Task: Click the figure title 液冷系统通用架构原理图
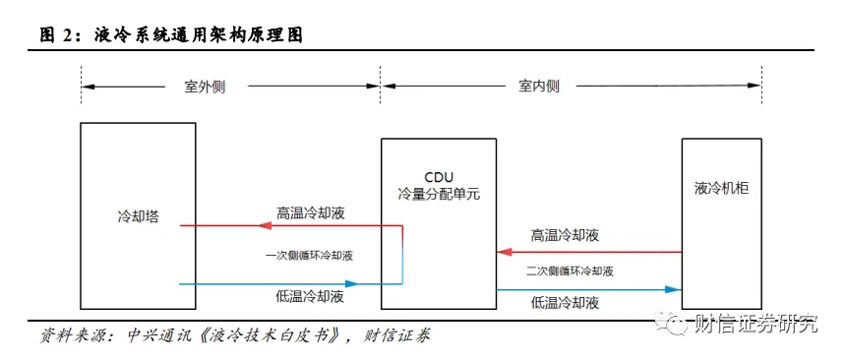tap(199, 35)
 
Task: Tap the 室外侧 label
tap(205, 87)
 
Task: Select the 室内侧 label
tap(539, 87)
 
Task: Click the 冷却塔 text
tap(138, 217)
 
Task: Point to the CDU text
tap(439, 177)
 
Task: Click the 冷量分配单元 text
tap(439, 194)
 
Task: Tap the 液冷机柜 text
tap(722, 189)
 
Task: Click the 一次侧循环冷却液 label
tap(309, 256)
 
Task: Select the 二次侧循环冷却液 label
tap(570, 271)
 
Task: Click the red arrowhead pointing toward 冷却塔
tap(264, 226)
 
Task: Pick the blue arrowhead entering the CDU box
tap(351, 283)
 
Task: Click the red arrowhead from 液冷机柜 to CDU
tap(504, 252)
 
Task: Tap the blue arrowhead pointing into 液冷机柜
tap(673, 290)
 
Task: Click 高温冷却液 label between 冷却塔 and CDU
tap(311, 212)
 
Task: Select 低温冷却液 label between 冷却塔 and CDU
tap(309, 296)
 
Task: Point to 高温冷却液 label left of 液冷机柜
tap(565, 235)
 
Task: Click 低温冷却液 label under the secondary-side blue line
tap(565, 303)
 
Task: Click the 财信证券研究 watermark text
tap(755, 325)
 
